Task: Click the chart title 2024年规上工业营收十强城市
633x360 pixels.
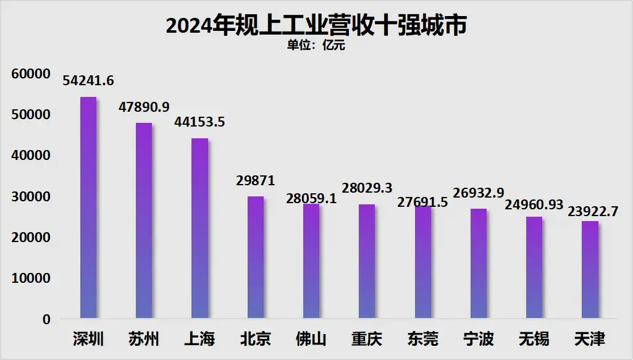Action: click(316, 25)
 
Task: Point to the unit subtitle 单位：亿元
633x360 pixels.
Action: click(316, 45)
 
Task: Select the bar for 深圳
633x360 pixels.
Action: click(88, 208)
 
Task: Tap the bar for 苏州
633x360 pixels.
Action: click(144, 221)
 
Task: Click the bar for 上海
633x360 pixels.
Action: click(199, 228)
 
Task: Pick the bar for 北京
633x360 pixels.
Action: click(255, 257)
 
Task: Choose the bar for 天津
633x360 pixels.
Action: click(590, 270)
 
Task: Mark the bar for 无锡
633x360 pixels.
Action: click(534, 268)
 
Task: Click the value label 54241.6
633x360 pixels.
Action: click(88, 81)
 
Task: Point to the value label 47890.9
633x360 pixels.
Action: click(144, 107)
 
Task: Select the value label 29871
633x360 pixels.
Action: click(255, 180)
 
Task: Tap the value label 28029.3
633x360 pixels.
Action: click(367, 188)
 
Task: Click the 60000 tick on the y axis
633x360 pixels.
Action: click(30, 74)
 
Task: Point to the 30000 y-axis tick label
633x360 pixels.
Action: click(30, 197)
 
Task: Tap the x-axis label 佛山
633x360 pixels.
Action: click(311, 339)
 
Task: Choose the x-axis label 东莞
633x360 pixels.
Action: click(422, 339)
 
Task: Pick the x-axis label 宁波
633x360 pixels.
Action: click(479, 339)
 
